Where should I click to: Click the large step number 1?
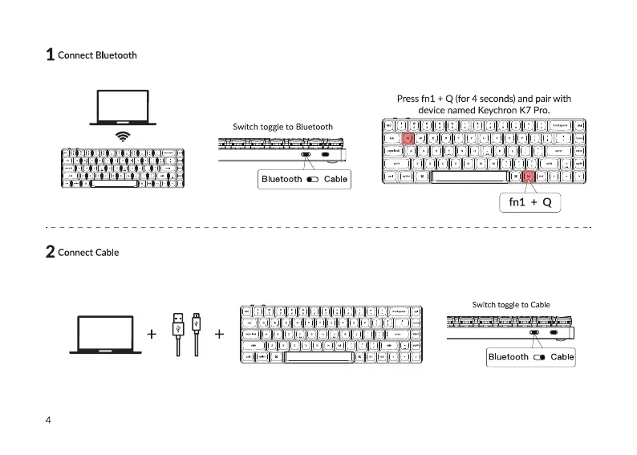coord(50,55)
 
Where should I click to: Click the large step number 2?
coord(50,252)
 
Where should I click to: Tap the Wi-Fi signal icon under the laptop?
coord(122,136)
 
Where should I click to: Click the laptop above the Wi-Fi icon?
coord(122,107)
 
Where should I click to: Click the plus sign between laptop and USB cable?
coord(152,334)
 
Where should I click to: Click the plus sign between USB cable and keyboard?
coord(219,334)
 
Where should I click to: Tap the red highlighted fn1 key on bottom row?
coord(529,177)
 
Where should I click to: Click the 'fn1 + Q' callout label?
coord(529,202)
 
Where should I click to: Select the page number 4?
coord(49,420)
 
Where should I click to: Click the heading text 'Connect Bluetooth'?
coord(97,55)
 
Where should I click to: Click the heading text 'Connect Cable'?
coord(88,252)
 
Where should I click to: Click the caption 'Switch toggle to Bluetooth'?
coord(282,127)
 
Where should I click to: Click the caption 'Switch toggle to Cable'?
coord(511,305)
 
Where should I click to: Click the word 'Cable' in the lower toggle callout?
coord(562,357)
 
